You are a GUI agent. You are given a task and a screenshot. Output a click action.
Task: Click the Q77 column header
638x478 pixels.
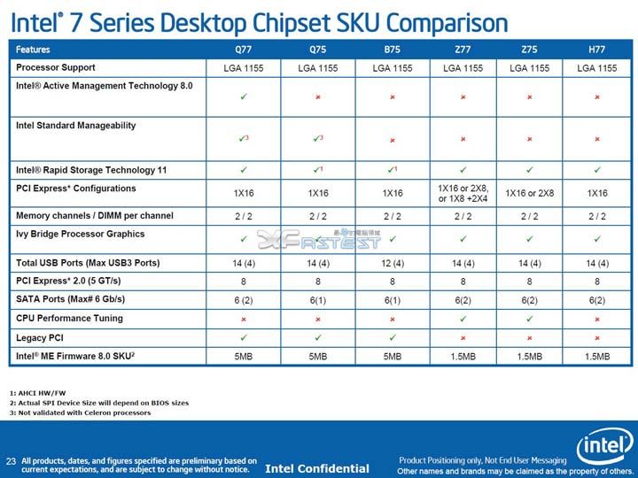point(243,50)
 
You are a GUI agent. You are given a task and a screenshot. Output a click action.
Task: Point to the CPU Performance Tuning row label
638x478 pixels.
point(69,318)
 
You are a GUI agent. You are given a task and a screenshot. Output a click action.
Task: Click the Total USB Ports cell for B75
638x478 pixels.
point(392,263)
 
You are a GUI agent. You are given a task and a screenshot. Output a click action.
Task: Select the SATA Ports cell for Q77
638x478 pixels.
point(243,300)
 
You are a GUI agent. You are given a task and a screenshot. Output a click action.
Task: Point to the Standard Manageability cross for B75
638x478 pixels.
point(392,140)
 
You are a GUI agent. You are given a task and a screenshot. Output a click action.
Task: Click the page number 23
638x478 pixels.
point(12,460)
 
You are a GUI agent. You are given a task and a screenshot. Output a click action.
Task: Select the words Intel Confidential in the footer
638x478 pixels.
point(317,468)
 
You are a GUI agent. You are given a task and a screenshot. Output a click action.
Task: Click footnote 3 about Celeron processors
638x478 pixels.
point(80,412)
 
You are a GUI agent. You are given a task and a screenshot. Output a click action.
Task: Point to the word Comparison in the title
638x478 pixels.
point(441,21)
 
